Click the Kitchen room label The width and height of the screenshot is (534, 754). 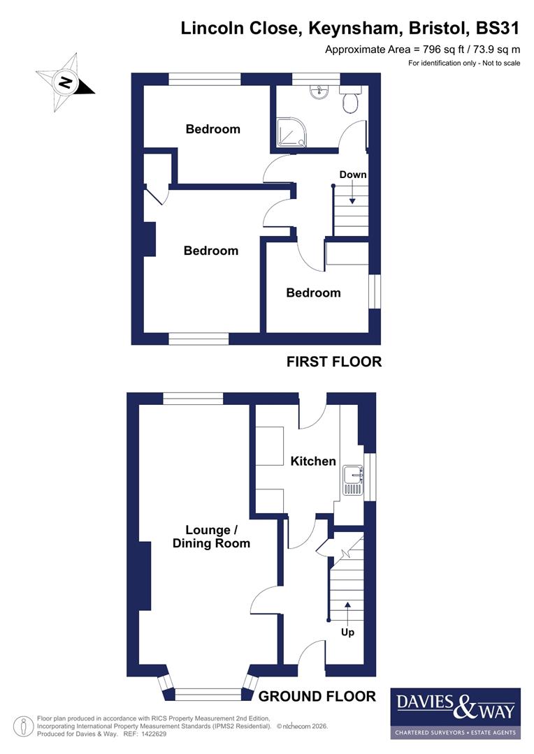click(x=313, y=461)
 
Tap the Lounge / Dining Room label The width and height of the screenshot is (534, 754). click(x=211, y=535)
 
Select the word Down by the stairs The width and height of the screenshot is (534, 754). click(x=353, y=175)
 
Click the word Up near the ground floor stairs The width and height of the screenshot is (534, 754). click(x=347, y=633)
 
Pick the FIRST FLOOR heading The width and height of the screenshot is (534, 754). click(x=334, y=362)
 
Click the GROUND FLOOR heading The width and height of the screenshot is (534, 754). click(x=317, y=696)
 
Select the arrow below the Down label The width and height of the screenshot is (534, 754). click(x=353, y=193)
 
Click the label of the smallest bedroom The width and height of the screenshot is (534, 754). click(x=313, y=293)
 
